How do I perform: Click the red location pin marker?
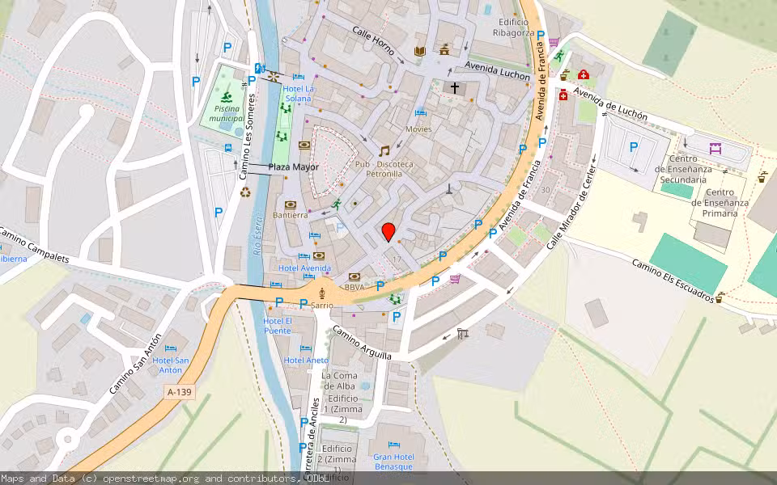pyautogui.click(x=388, y=232)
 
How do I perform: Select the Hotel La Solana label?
pyautogui.click(x=299, y=93)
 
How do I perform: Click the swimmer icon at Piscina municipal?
pyautogui.click(x=227, y=98)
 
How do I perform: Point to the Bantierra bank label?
pyautogui.click(x=290, y=215)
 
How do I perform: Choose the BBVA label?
pyautogui.click(x=354, y=287)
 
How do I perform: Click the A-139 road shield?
pyautogui.click(x=179, y=392)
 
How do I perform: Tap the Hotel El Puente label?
pyautogui.click(x=277, y=326)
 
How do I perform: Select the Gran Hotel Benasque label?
pyautogui.click(x=393, y=462)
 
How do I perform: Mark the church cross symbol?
pyautogui.click(x=455, y=86)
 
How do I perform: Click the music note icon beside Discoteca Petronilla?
pyautogui.click(x=384, y=150)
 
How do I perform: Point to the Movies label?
pyautogui.click(x=418, y=129)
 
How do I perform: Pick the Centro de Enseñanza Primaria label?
pyautogui.click(x=720, y=203)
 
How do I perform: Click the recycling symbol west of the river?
pyautogui.click(x=246, y=192)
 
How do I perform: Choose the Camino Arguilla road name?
pyautogui.click(x=362, y=345)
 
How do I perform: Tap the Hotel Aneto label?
pyautogui.click(x=306, y=360)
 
